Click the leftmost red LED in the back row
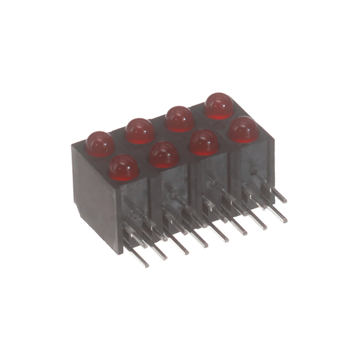click(100, 143)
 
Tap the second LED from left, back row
click(140, 130)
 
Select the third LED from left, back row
click(179, 119)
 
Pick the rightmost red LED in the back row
click(219, 106)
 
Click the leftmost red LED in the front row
click(124, 168)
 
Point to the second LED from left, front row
click(164, 155)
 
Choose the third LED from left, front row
click(204, 143)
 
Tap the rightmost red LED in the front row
click(243, 129)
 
